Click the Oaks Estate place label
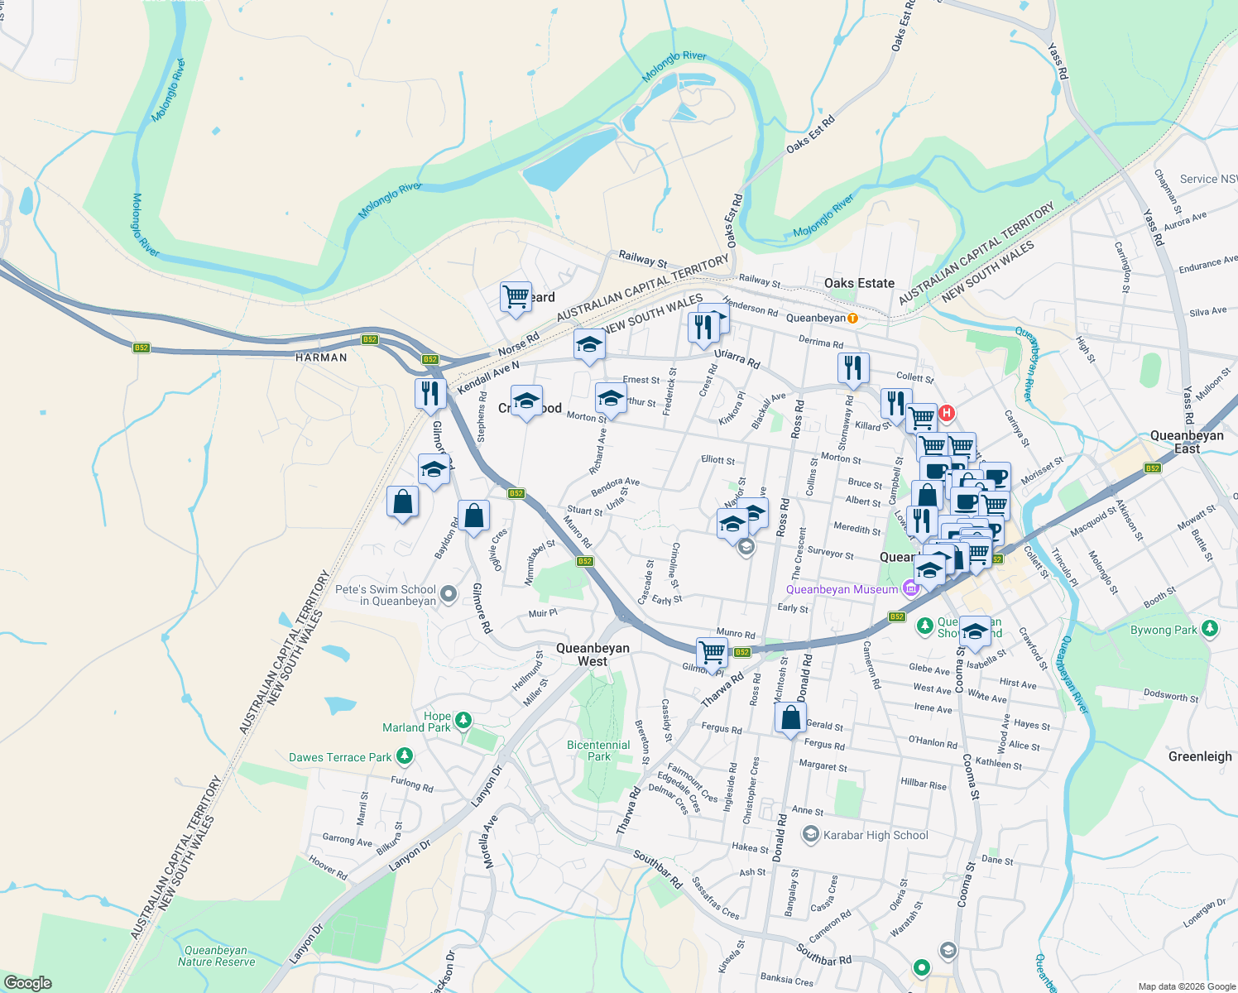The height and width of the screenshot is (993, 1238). point(859,283)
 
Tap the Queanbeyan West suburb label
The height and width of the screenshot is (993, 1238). point(593,655)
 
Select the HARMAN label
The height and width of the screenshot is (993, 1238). point(321,357)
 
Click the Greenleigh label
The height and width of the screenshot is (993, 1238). point(1200,756)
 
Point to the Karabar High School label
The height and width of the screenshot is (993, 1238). point(876,835)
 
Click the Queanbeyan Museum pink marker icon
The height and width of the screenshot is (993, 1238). point(911,588)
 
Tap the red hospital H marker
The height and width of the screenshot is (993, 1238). point(946,412)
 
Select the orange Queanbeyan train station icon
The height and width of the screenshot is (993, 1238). point(852,318)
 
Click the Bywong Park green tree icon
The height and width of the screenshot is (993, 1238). point(1210,629)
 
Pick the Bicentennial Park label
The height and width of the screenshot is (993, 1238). point(598,751)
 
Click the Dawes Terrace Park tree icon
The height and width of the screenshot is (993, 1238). point(405,756)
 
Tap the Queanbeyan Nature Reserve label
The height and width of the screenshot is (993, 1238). point(216,957)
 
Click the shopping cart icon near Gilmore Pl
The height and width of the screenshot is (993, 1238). point(712,652)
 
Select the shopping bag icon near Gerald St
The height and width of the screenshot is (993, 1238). point(790,717)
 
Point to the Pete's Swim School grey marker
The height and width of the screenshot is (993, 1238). point(449,593)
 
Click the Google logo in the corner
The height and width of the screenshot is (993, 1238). point(27,983)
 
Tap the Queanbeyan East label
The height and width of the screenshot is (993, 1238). point(1187,442)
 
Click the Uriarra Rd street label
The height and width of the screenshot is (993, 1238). point(737,358)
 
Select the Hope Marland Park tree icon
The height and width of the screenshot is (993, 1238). point(463,720)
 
